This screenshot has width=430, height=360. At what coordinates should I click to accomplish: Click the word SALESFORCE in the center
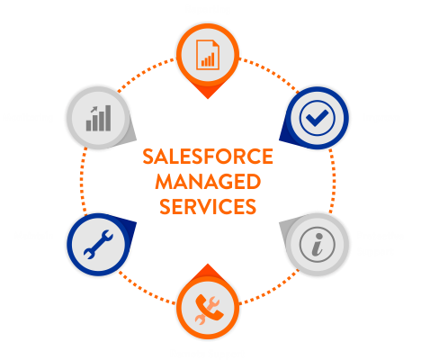point(208,157)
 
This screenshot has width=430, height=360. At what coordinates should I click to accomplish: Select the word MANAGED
point(208,182)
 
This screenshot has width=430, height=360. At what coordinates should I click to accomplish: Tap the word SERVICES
point(208,206)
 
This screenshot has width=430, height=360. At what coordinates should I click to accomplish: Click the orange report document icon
point(208,55)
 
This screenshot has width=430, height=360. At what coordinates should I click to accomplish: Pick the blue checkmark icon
point(317,118)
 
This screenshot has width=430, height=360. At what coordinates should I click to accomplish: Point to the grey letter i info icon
point(317,244)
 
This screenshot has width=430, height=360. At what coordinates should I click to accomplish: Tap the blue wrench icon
point(98,245)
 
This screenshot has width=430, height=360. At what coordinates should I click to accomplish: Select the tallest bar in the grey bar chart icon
point(108,118)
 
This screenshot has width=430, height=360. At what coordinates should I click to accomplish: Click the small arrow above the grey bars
point(94,110)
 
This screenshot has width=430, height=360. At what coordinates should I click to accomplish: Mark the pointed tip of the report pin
point(208,99)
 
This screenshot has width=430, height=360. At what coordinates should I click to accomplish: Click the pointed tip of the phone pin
point(208,264)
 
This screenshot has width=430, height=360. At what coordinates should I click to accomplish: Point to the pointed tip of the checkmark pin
point(279,139)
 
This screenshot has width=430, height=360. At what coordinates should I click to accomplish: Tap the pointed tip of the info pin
point(280,222)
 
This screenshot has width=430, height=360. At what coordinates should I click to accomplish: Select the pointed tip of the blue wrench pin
point(137,222)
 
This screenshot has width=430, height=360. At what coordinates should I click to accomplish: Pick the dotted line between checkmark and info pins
point(333,181)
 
